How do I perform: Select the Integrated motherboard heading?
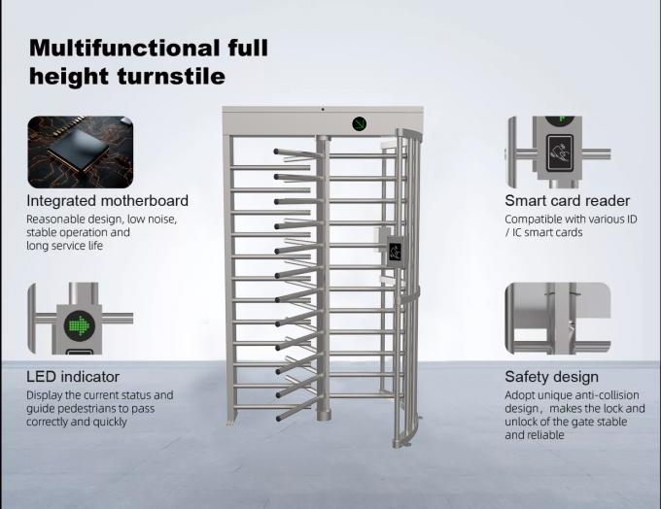[107, 201]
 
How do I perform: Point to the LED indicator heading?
[73, 376]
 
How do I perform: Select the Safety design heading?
[551, 376]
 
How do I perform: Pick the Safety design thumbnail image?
[558, 318]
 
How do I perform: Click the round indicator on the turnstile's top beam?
[361, 123]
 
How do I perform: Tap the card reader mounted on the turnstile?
[395, 251]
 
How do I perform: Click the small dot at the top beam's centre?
[323, 110]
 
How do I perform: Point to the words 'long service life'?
[64, 246]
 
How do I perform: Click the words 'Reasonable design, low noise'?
[101, 220]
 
